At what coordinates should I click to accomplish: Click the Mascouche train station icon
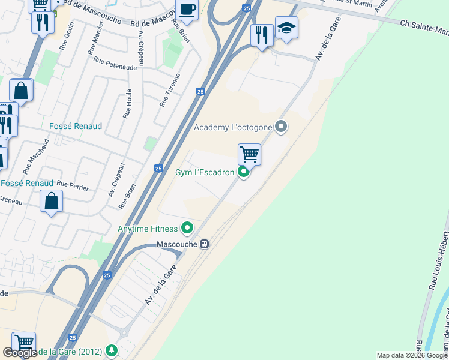(205, 244)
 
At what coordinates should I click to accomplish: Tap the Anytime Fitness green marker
(187, 228)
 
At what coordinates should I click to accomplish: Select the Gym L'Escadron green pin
(243, 172)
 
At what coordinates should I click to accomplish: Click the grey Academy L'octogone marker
(280, 127)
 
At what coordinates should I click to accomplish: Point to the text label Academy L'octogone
(233, 127)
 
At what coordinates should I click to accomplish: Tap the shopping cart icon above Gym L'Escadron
(249, 154)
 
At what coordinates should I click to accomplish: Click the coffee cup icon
(187, 10)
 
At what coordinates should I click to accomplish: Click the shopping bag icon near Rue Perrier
(52, 201)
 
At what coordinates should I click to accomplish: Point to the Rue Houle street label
(127, 103)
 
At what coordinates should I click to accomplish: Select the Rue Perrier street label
(74, 186)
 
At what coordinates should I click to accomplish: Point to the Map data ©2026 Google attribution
(412, 355)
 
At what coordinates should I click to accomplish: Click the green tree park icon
(111, 350)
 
